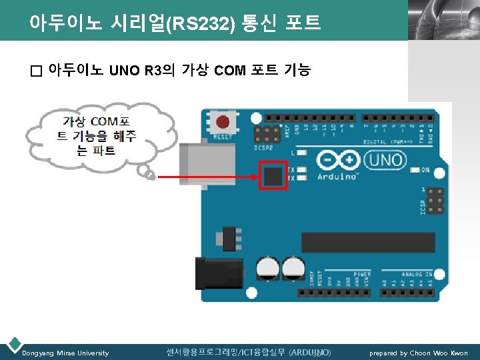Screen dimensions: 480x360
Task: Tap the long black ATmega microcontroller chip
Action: [x=368, y=242]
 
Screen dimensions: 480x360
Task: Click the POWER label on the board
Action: [x=362, y=274]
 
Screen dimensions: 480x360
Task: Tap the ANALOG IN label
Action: [x=416, y=274]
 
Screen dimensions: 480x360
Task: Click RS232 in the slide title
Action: [x=201, y=25]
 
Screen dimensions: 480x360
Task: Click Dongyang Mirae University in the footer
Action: [x=65, y=353]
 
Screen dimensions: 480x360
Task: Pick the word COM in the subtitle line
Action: [x=230, y=70]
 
